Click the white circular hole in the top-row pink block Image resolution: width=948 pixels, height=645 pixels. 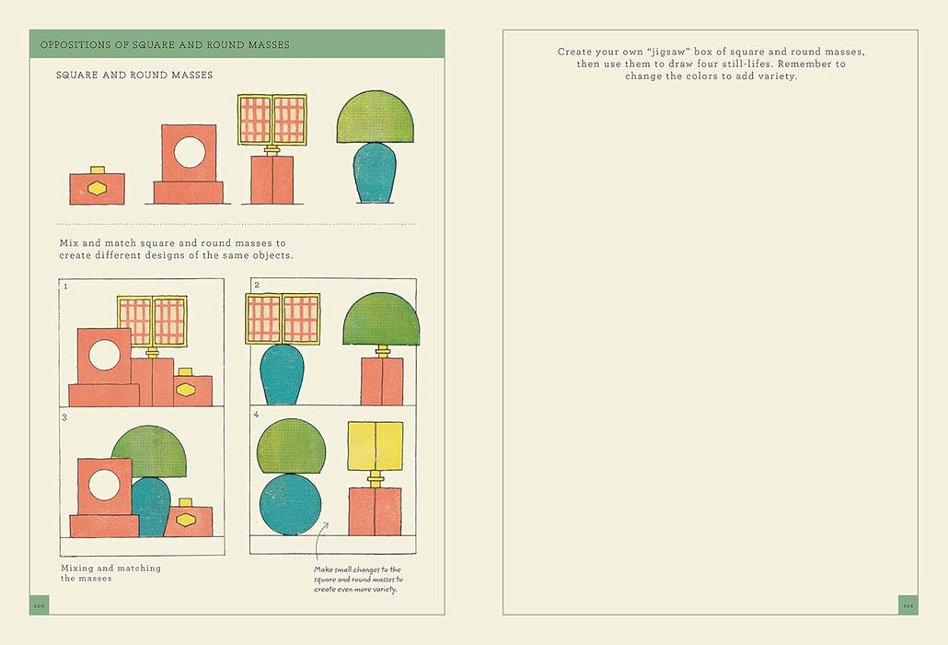coord(190,152)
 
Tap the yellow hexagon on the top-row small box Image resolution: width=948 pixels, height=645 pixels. coord(97,188)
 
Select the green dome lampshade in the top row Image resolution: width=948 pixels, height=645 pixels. coord(376,117)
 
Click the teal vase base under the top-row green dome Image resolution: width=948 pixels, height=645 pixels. coord(375,173)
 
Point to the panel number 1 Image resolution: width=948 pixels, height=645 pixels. coord(65,287)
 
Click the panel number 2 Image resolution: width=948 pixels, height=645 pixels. coord(257,285)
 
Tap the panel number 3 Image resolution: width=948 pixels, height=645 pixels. coord(64,417)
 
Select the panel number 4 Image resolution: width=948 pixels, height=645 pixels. coord(257,415)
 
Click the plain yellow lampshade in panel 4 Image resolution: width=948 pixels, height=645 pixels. coord(376,446)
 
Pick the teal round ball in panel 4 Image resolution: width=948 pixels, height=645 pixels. coord(291,504)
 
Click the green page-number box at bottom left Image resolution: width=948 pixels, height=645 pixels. coord(40,605)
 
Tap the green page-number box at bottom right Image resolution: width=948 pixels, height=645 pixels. coord(908,605)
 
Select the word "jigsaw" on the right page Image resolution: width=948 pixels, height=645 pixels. coord(669,52)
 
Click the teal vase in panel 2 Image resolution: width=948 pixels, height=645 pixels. coord(282,374)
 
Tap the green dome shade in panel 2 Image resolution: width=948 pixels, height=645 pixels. coord(381,319)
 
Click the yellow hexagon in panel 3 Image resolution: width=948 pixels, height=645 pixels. coord(186,520)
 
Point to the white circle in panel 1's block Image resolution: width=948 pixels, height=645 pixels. coord(105,355)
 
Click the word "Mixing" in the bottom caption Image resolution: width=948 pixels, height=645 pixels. coord(76,569)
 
